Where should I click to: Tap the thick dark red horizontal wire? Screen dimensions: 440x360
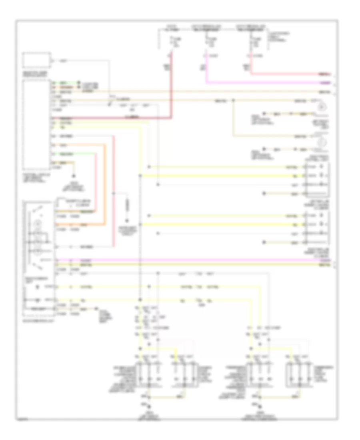[112, 118]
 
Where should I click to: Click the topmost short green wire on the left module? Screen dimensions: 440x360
[64, 82]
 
